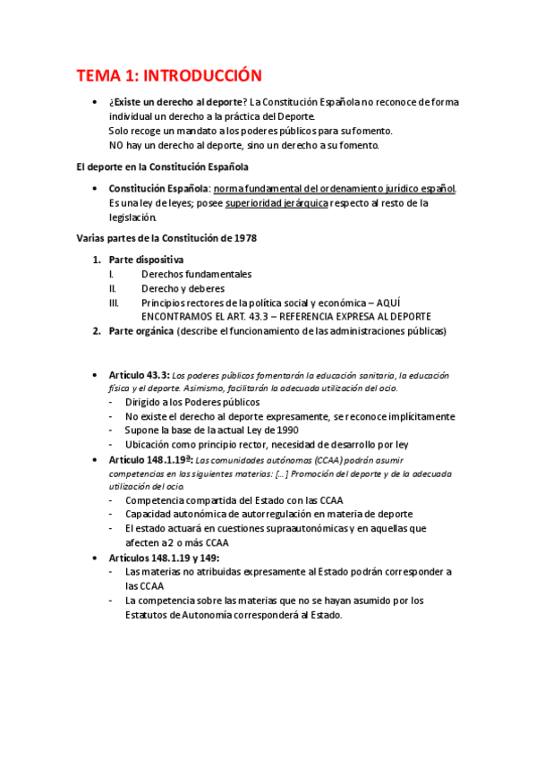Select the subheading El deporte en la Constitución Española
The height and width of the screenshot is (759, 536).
click(x=161, y=166)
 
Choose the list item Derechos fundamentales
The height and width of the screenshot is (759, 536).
click(x=196, y=274)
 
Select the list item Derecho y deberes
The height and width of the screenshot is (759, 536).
click(x=183, y=288)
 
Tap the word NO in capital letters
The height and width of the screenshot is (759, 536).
click(x=116, y=145)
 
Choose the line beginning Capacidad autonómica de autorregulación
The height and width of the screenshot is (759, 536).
click(x=268, y=514)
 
